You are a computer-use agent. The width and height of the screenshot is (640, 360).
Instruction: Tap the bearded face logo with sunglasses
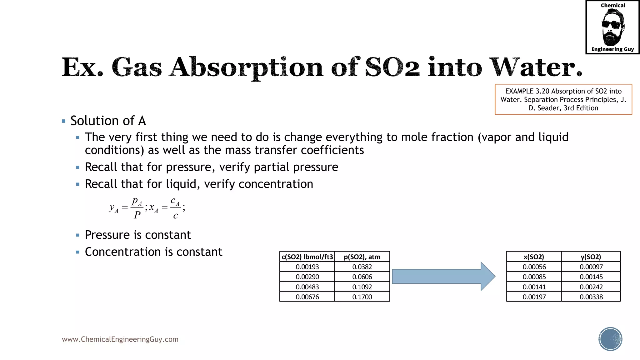click(612, 27)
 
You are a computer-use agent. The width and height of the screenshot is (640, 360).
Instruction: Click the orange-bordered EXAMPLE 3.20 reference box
click(563, 99)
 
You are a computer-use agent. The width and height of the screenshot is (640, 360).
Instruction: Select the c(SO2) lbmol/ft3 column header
click(307, 257)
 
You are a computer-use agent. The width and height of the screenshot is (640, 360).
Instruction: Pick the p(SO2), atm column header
click(362, 257)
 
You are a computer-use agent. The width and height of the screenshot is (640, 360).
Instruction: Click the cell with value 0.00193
click(307, 267)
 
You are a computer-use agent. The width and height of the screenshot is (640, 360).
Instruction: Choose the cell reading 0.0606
click(362, 277)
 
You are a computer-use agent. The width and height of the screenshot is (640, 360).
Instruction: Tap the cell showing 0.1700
click(362, 297)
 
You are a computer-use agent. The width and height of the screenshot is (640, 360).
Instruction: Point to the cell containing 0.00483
click(307, 287)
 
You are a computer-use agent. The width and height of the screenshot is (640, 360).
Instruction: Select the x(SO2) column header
click(534, 257)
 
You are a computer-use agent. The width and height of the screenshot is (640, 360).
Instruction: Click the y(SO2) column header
click(591, 257)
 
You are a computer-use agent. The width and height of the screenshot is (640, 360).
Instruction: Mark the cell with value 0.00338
click(591, 297)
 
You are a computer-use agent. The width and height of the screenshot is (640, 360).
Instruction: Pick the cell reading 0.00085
click(534, 277)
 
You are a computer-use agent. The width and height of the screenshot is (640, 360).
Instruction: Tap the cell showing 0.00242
click(591, 287)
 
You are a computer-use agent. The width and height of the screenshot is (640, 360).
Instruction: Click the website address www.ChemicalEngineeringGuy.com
click(120, 339)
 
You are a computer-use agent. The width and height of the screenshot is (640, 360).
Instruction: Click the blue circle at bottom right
click(610, 339)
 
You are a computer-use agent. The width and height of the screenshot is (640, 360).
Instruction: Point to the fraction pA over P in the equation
click(137, 208)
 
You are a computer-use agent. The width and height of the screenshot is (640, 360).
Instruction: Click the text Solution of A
click(108, 121)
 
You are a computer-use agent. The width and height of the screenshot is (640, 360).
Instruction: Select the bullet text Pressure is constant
click(137, 235)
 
